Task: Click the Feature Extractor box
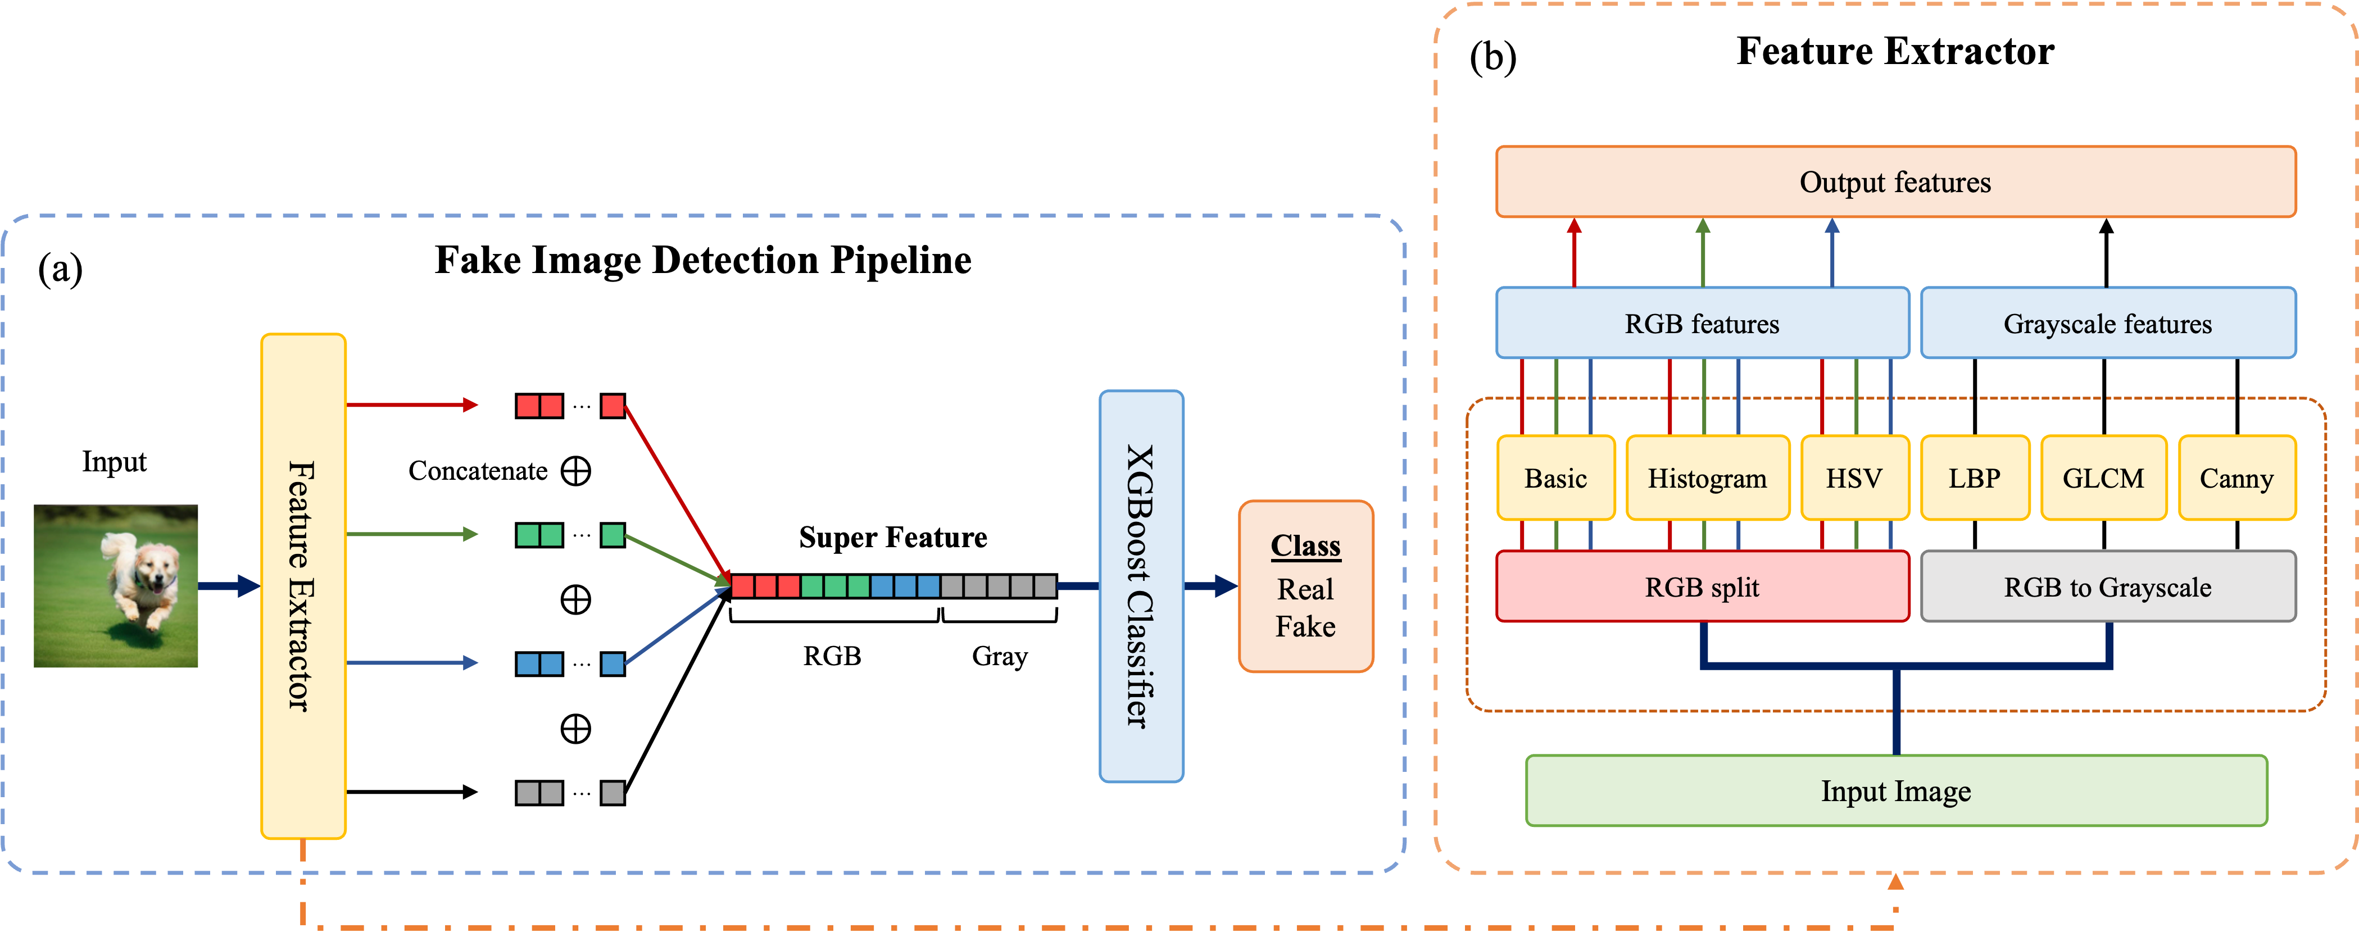[x=303, y=586]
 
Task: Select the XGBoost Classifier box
[x=1141, y=586]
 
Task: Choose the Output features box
[x=1895, y=182]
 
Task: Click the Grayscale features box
[x=2107, y=323]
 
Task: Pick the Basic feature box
[x=1555, y=478]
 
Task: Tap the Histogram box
[x=1707, y=478]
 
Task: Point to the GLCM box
[x=2103, y=478]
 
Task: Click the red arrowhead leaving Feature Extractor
[x=471, y=404]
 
